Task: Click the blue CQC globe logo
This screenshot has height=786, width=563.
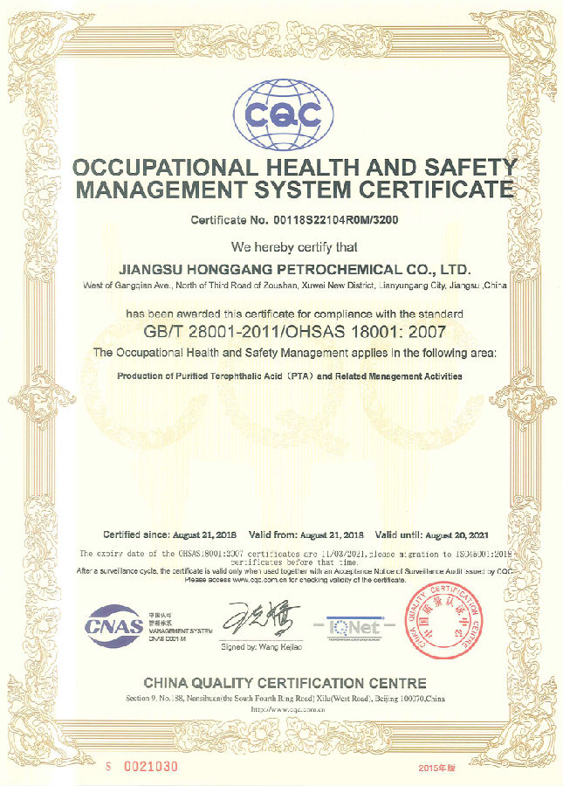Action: pyautogui.click(x=282, y=114)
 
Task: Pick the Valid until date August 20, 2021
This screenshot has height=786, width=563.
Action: pyautogui.click(x=460, y=534)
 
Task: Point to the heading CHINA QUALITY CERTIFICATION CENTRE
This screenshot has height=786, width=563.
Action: pyautogui.click(x=285, y=683)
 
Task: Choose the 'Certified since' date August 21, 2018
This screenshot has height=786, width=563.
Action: pyautogui.click(x=203, y=534)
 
